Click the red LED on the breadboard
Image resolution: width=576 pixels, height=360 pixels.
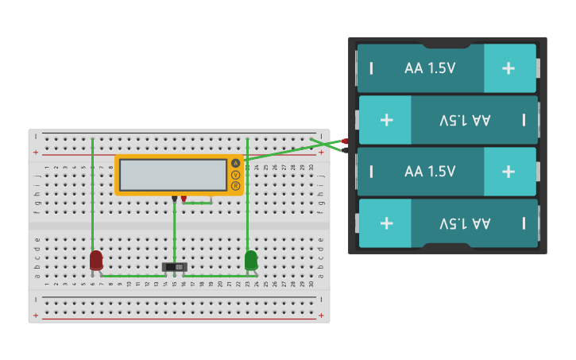96,260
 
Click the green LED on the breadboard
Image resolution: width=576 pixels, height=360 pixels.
251,260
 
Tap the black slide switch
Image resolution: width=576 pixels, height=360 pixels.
175,267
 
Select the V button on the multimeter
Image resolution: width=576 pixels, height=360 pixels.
235,174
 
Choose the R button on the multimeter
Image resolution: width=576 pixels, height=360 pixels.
235,185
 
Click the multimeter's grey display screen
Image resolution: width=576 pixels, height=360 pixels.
173,175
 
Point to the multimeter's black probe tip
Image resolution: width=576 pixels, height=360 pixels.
175,199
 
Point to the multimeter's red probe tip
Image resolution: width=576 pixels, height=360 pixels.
184,199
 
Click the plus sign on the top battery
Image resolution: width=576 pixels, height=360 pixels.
508,68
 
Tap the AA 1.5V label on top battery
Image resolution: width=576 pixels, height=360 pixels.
430,68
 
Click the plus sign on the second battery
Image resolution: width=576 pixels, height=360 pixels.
387,120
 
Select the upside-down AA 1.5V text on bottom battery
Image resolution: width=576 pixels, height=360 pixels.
465,223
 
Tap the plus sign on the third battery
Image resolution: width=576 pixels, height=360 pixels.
508,172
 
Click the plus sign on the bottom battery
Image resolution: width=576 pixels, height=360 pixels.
387,223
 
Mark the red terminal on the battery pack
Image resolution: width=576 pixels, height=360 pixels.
345,141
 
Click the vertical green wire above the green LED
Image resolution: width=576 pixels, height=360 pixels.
247,207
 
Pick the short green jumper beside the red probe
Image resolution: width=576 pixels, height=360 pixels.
198,203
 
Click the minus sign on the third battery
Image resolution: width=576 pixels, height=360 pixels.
371,172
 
